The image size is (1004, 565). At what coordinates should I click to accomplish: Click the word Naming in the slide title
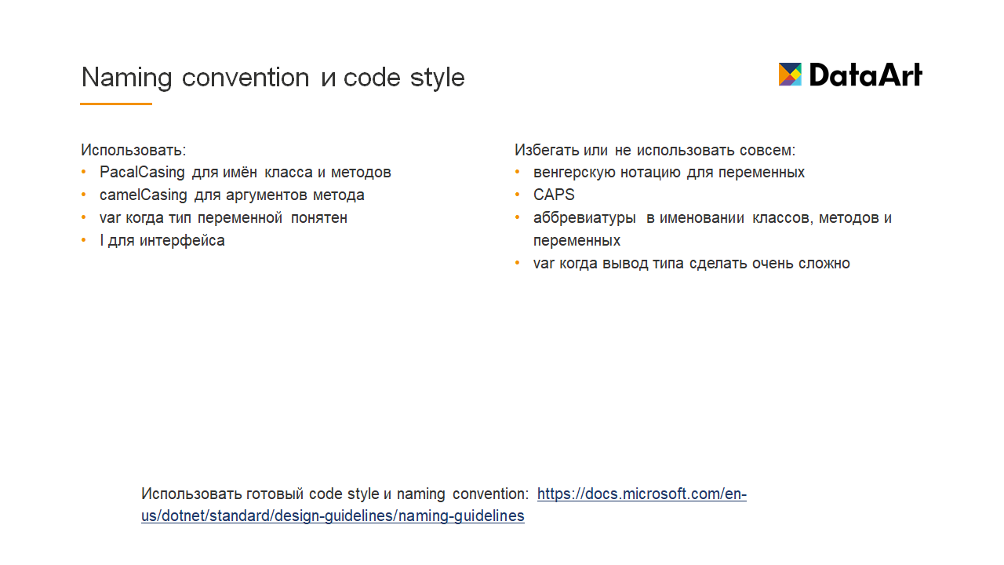point(126,78)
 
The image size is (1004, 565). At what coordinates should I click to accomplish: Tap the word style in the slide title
point(438,78)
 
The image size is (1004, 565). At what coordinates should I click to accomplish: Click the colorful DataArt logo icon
point(790,75)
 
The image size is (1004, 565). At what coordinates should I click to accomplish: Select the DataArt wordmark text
point(865,75)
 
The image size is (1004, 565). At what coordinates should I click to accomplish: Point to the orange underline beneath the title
point(116,104)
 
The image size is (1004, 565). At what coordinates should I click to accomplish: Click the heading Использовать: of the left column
point(133,150)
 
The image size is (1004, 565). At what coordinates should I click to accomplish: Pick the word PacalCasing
point(142,172)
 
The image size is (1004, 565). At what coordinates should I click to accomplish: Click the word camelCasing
point(143,195)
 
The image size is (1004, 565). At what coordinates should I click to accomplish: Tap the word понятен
point(318,218)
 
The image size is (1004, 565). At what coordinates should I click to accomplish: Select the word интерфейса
point(182,241)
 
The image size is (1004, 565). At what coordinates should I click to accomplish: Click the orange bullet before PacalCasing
point(84,172)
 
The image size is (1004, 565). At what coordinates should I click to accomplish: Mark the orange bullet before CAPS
point(518,195)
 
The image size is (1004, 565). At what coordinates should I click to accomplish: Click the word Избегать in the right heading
point(547,150)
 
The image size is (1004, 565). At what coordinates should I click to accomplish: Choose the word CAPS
point(554,195)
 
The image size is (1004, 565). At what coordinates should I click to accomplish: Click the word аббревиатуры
point(584,218)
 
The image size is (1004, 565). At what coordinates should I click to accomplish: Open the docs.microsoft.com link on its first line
point(642,494)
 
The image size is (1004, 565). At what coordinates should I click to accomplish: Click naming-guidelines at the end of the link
point(461,516)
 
